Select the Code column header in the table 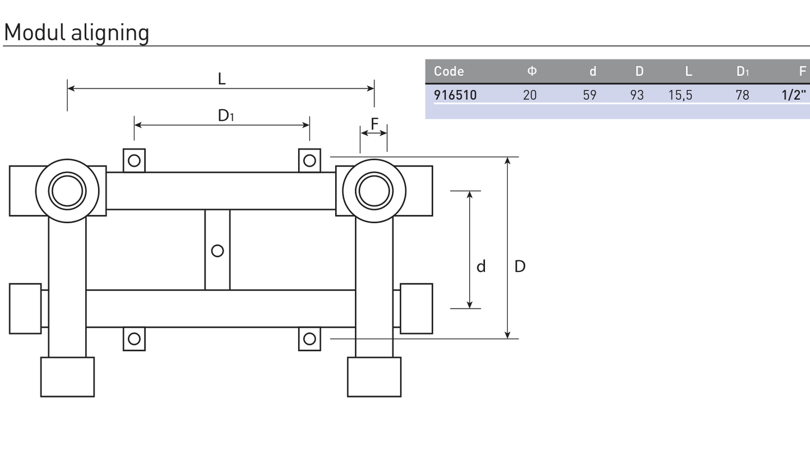pyautogui.click(x=449, y=71)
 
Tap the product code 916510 pyautogui.click(x=455, y=95)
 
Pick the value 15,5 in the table pyautogui.click(x=680, y=95)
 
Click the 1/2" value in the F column pyautogui.click(x=794, y=95)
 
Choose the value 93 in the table pyautogui.click(x=637, y=95)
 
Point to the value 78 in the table pyautogui.click(x=742, y=95)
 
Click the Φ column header pyautogui.click(x=532, y=71)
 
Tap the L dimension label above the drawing pyautogui.click(x=221, y=79)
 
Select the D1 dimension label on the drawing pyautogui.click(x=226, y=116)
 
